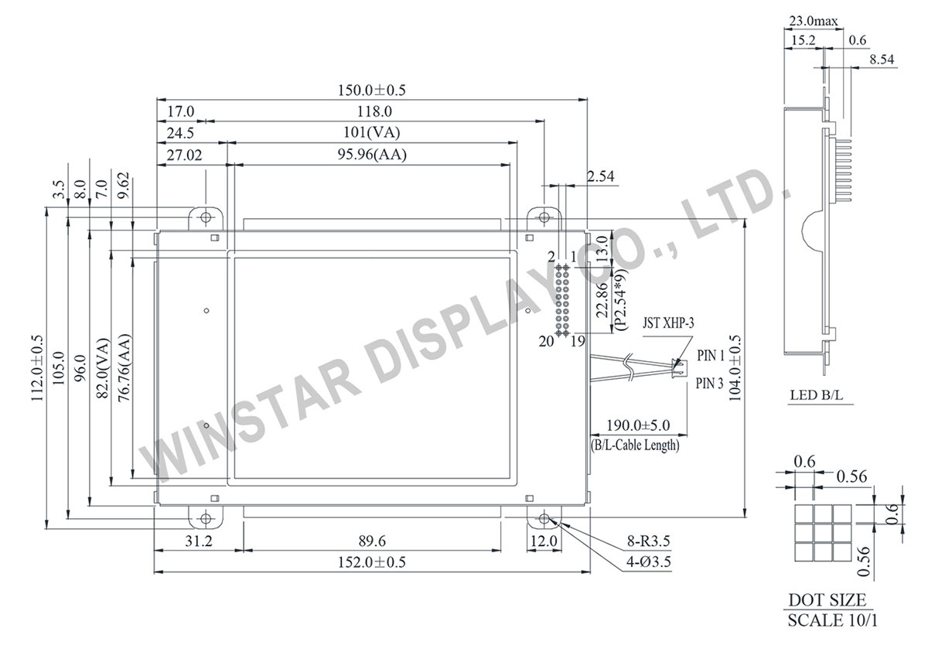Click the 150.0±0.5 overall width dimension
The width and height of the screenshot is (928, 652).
coord(372,90)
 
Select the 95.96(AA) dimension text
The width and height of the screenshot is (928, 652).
coord(371,155)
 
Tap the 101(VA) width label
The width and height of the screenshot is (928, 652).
coord(372,133)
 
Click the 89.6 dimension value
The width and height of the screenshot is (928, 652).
coord(372,541)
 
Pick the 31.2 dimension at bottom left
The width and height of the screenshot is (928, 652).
coord(198,541)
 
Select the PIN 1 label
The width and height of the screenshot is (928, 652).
coord(710,357)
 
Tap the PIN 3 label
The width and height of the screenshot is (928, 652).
coord(710,383)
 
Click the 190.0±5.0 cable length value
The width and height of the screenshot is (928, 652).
coord(636,425)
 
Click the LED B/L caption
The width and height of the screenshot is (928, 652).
coord(816,396)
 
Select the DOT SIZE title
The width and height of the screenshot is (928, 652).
coord(827,600)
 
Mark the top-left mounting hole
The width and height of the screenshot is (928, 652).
coord(206,217)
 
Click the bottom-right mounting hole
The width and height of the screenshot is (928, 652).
coord(544,518)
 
